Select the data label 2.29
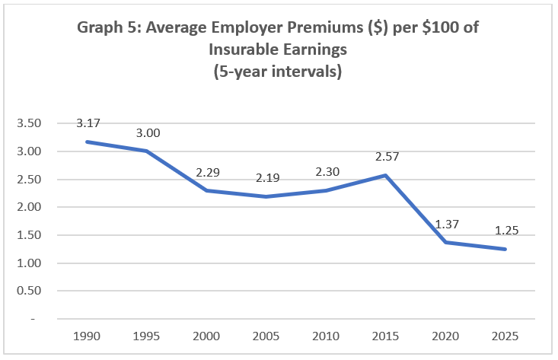(207, 172)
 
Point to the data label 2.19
(266, 179)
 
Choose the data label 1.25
(504, 230)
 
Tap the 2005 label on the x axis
(266, 335)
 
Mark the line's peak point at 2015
(385, 175)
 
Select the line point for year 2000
(207, 190)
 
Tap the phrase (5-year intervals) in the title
(279, 73)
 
